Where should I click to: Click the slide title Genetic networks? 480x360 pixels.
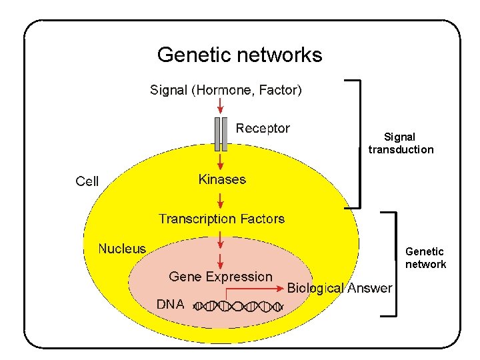[239, 55]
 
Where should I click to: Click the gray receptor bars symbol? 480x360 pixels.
[221, 134]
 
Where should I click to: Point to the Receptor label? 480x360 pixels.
[263, 128]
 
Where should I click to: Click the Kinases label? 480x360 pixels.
[222, 179]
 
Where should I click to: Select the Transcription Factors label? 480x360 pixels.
[221, 219]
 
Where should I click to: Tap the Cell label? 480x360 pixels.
[87, 181]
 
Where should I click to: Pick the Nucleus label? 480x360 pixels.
[122, 249]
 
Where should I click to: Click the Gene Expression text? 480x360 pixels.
[221, 276]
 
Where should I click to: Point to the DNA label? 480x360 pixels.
[170, 304]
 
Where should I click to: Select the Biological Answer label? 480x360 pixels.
[339, 288]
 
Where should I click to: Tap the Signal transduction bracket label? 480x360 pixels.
[401, 143]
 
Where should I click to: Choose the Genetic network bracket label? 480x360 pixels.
[425, 258]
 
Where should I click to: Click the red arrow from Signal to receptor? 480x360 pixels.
[221, 106]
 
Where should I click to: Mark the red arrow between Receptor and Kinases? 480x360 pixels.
[221, 161]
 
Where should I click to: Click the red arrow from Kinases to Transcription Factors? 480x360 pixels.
[221, 199]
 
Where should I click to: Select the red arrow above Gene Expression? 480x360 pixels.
[221, 257]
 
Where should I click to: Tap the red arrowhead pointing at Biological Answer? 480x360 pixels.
[280, 289]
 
